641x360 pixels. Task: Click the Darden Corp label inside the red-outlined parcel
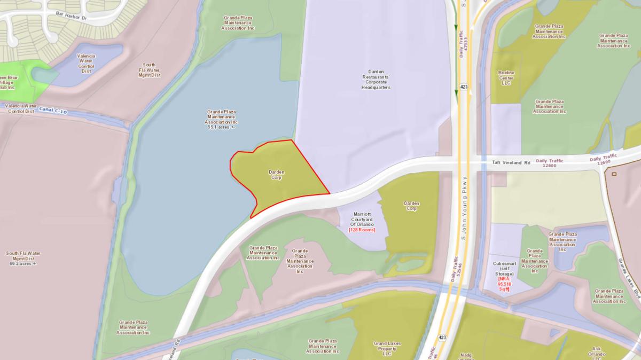276,175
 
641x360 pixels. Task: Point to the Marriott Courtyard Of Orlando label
362,219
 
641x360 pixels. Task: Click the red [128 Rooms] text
362,230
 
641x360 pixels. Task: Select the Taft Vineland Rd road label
511,163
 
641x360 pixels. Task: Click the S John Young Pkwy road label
464,207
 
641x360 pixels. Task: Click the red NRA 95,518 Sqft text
503,284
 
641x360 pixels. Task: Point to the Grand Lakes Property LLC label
387,348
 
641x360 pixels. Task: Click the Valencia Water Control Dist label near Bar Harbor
86,64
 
